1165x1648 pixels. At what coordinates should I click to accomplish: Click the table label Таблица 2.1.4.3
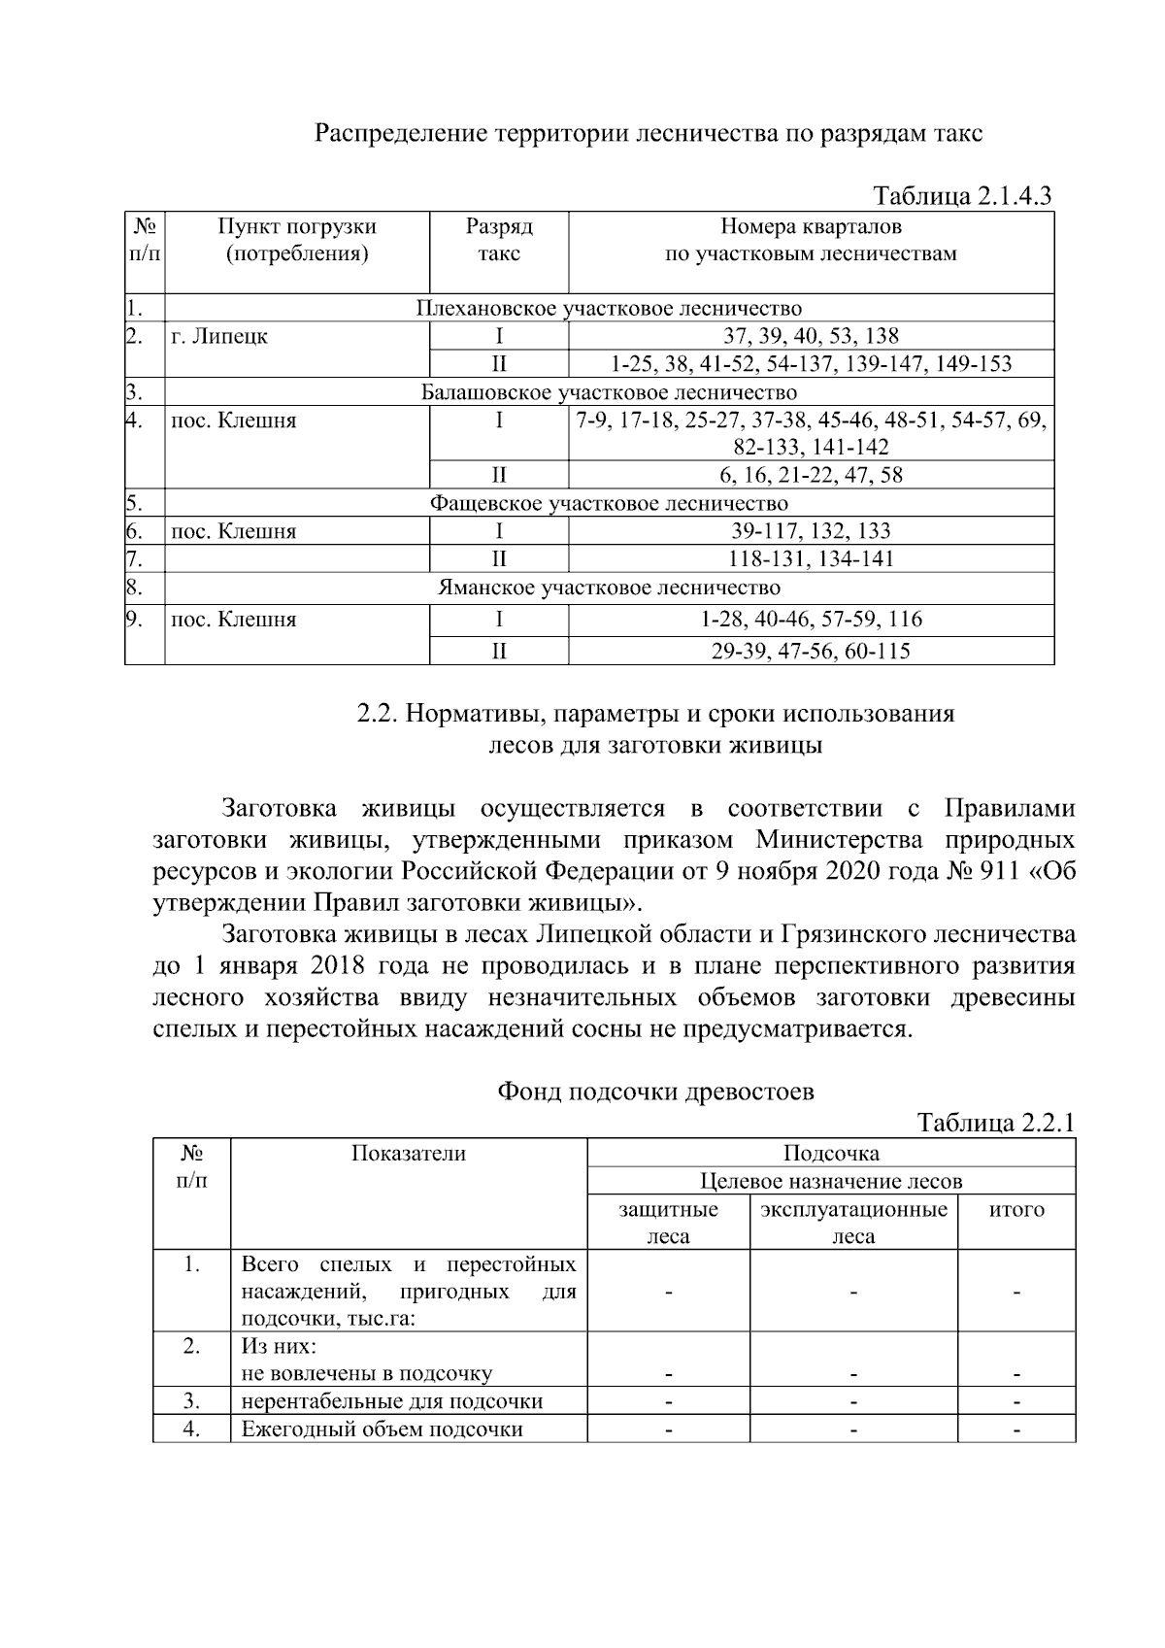pos(962,196)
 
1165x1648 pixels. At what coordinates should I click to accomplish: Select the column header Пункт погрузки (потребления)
pos(296,240)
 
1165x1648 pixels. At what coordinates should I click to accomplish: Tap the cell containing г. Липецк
pos(219,337)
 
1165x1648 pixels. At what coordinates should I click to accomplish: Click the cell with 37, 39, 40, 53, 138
pos(811,336)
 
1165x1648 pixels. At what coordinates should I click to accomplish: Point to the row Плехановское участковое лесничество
pos(609,309)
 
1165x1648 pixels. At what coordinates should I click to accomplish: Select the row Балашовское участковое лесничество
pos(609,392)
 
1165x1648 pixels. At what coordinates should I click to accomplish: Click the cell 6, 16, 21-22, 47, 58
pos(811,475)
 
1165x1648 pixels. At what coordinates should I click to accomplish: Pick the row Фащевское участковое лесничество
pos(609,503)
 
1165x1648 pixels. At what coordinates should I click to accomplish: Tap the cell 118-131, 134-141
pos(811,558)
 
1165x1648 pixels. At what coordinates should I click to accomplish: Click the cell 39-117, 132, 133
pos(811,531)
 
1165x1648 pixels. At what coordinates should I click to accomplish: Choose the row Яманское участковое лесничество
pos(609,588)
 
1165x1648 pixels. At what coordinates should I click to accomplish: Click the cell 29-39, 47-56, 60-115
pos(811,651)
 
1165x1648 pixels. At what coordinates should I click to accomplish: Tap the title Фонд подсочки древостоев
pos(655,1092)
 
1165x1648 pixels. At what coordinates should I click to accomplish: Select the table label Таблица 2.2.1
pos(996,1123)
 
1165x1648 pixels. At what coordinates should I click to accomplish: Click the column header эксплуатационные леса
pos(853,1223)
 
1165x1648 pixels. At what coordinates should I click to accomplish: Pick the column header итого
pos(1016,1210)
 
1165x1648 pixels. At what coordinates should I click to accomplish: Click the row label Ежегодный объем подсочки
pos(382,1429)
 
